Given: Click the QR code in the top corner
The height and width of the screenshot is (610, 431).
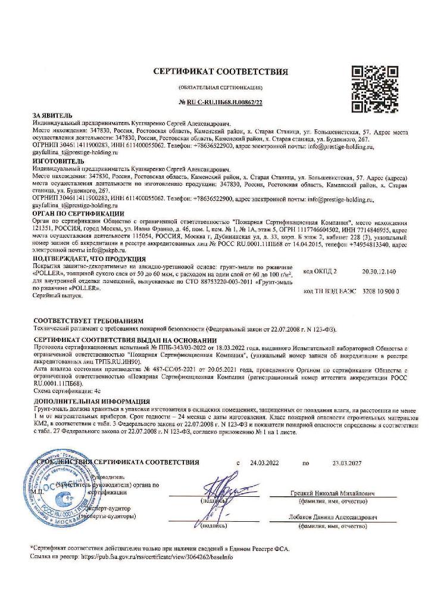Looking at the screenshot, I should [x=371, y=86].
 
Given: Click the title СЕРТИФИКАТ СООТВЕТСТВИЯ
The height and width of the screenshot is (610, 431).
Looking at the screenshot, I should [x=220, y=72].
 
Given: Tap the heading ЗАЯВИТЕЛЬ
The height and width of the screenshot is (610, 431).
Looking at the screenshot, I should [x=52, y=114].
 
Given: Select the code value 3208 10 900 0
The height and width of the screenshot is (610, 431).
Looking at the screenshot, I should [x=380, y=291].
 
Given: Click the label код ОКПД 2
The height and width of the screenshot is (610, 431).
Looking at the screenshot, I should [x=320, y=271].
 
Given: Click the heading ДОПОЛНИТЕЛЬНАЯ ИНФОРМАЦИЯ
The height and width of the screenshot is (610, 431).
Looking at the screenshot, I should [x=92, y=402].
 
